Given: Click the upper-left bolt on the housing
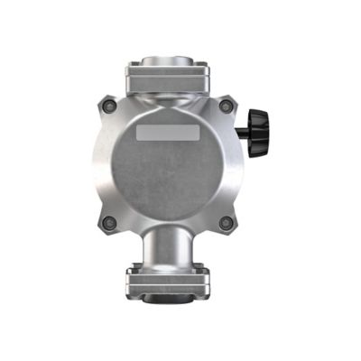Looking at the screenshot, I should [x=110, y=106].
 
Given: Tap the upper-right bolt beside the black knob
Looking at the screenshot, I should [x=227, y=106].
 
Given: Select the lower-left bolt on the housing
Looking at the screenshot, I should [x=110, y=222].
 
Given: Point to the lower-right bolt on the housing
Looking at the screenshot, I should [x=227, y=222].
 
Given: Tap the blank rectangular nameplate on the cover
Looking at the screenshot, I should [x=168, y=134].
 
